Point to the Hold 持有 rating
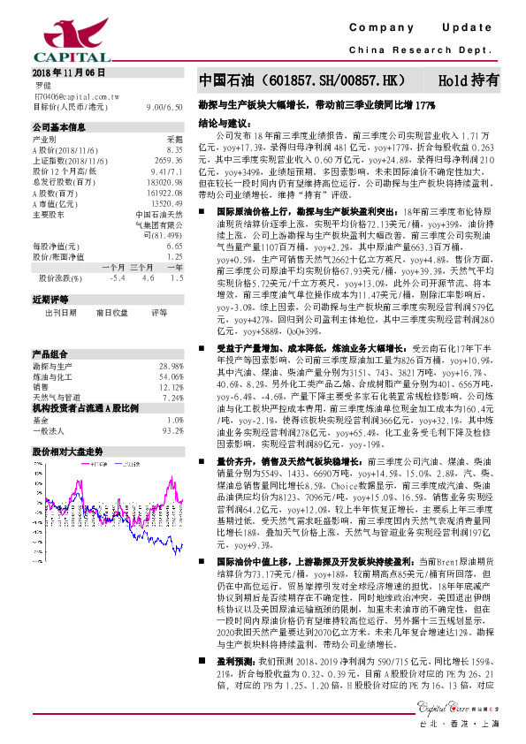[468, 80]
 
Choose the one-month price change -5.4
[115, 277]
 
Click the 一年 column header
[174, 266]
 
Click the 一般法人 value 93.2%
[172, 430]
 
